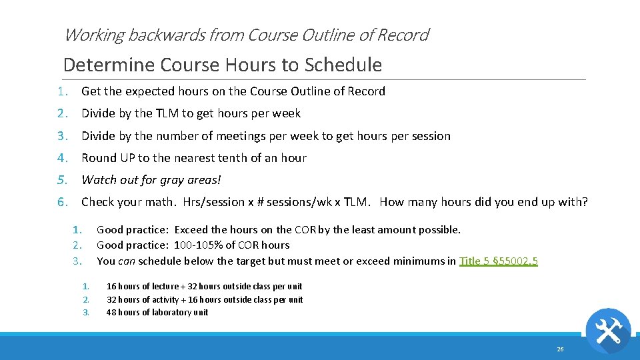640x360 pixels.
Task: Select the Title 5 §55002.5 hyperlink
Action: (498, 261)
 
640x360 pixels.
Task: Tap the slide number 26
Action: (560, 349)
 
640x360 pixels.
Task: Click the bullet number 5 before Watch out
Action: (61, 179)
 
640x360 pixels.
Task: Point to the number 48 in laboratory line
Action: (111, 312)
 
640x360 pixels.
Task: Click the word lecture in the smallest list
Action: (163, 287)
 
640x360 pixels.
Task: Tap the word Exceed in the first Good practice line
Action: (193, 230)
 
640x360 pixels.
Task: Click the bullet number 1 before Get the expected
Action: (61, 91)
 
